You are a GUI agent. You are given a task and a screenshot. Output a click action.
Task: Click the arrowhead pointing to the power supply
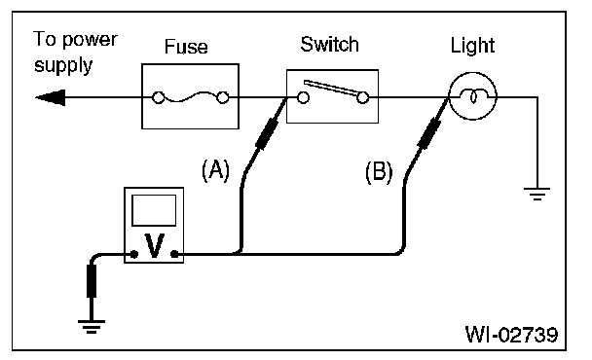[x=51, y=97]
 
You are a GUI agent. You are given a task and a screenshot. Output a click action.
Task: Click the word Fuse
[x=186, y=47]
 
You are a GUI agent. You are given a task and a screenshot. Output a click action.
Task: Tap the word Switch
[x=329, y=44]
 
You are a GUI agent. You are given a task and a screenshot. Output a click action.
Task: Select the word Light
[x=472, y=46]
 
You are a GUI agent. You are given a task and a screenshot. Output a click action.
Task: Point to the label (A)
[x=215, y=170]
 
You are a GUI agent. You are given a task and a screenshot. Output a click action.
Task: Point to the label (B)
[x=379, y=171]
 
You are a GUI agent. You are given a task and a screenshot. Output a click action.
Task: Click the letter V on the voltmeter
[x=155, y=245]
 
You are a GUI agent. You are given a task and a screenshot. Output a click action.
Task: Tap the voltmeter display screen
[x=154, y=210]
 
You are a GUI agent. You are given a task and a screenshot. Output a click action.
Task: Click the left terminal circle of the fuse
[x=158, y=97]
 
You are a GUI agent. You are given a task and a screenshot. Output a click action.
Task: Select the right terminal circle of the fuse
[x=223, y=97]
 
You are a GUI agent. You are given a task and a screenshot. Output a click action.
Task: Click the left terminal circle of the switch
[x=303, y=97]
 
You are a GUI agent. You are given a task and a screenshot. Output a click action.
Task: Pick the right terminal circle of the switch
[x=363, y=97]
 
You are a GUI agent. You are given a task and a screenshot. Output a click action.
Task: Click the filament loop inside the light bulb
[x=472, y=96]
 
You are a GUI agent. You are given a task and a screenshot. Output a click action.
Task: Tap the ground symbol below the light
[x=536, y=194]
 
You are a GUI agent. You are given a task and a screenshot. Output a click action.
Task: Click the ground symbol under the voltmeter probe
[x=92, y=327]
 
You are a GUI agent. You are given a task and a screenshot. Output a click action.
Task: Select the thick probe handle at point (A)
[x=267, y=133]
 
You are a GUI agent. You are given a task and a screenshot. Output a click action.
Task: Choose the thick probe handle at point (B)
[x=428, y=133]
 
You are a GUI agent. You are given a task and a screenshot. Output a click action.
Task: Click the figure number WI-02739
[x=511, y=334]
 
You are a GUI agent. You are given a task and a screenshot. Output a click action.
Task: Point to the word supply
[x=63, y=66]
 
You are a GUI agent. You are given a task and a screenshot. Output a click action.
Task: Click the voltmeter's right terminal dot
[x=174, y=254]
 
